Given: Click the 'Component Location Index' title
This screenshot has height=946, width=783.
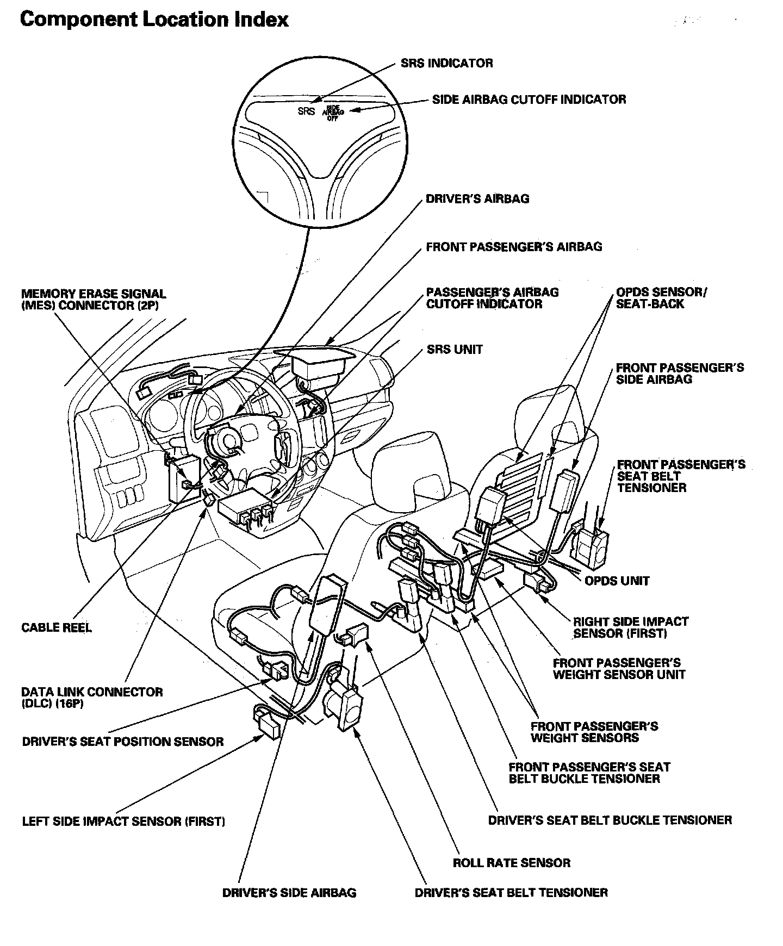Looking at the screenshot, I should [x=154, y=20].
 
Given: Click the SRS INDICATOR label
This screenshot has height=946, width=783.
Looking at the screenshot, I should [x=446, y=63].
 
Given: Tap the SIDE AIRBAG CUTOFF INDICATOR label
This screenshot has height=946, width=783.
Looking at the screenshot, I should [x=529, y=99].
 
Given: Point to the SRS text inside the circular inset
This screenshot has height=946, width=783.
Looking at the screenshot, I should [x=307, y=111].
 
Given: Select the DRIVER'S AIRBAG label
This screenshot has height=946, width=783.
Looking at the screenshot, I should [x=477, y=198].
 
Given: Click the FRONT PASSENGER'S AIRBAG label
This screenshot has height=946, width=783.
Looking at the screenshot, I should [x=514, y=247].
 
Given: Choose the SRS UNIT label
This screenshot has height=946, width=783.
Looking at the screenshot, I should [x=455, y=349].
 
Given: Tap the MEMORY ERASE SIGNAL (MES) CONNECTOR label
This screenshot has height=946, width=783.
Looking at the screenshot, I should [x=94, y=300].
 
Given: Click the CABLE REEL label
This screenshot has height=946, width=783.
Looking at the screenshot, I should [x=57, y=627].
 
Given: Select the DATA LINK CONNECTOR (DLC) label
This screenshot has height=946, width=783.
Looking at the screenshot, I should [x=92, y=698].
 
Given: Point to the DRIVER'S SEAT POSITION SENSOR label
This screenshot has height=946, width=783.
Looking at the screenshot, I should [x=123, y=742].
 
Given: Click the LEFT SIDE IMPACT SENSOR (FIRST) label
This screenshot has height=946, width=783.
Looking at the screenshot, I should [x=123, y=821].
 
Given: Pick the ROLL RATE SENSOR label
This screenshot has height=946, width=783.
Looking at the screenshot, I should [x=511, y=863].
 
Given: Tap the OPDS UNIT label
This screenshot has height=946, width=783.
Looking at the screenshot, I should [x=617, y=581].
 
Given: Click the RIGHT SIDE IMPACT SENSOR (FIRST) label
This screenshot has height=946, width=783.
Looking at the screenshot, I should [x=631, y=627].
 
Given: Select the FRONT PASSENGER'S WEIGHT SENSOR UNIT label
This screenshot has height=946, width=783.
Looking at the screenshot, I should [x=619, y=669].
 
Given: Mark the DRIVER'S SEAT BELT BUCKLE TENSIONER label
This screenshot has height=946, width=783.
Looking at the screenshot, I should [x=610, y=820].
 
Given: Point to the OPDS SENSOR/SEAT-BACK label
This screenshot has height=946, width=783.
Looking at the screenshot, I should [x=661, y=298].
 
